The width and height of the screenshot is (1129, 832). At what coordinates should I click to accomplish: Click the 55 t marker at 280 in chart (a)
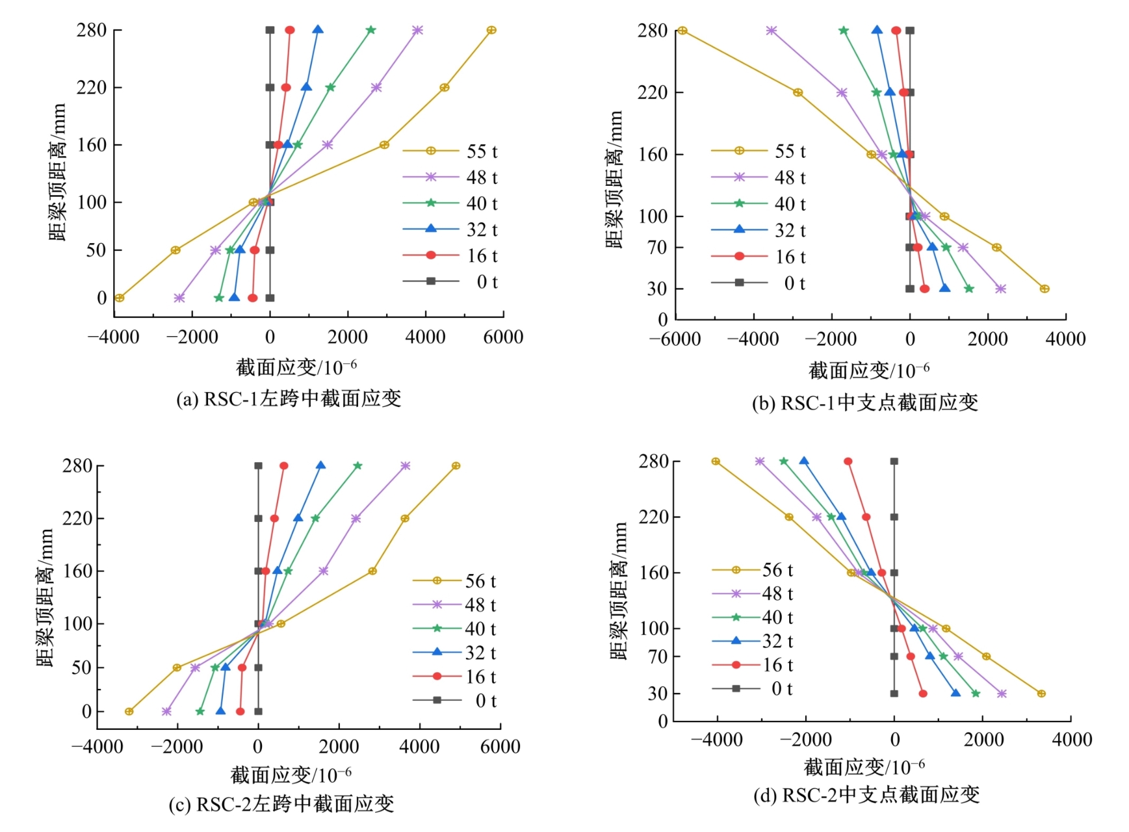491,30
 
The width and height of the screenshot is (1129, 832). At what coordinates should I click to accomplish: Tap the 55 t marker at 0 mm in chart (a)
119,298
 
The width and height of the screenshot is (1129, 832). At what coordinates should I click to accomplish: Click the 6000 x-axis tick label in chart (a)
503,337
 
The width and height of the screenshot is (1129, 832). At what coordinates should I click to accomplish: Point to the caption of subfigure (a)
289,398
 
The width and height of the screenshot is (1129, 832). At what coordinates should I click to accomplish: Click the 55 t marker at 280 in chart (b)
682,31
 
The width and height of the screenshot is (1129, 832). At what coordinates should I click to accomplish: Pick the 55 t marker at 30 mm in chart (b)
1044,289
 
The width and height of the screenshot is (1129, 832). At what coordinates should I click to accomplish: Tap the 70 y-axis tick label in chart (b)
657,248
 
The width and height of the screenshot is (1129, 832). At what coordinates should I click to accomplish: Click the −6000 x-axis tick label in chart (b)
675,339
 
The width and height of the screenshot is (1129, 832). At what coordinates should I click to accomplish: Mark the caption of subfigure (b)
864,403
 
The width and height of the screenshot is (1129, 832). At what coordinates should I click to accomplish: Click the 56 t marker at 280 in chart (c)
456,466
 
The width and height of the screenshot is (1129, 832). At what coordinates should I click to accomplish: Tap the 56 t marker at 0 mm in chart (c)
129,712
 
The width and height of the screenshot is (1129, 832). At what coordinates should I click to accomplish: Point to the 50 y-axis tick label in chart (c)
81,668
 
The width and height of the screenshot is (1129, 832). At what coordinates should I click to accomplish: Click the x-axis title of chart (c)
291,775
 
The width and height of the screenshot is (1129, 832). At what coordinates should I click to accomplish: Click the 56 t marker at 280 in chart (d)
716,461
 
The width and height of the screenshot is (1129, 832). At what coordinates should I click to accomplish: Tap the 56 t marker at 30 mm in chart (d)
1041,694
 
